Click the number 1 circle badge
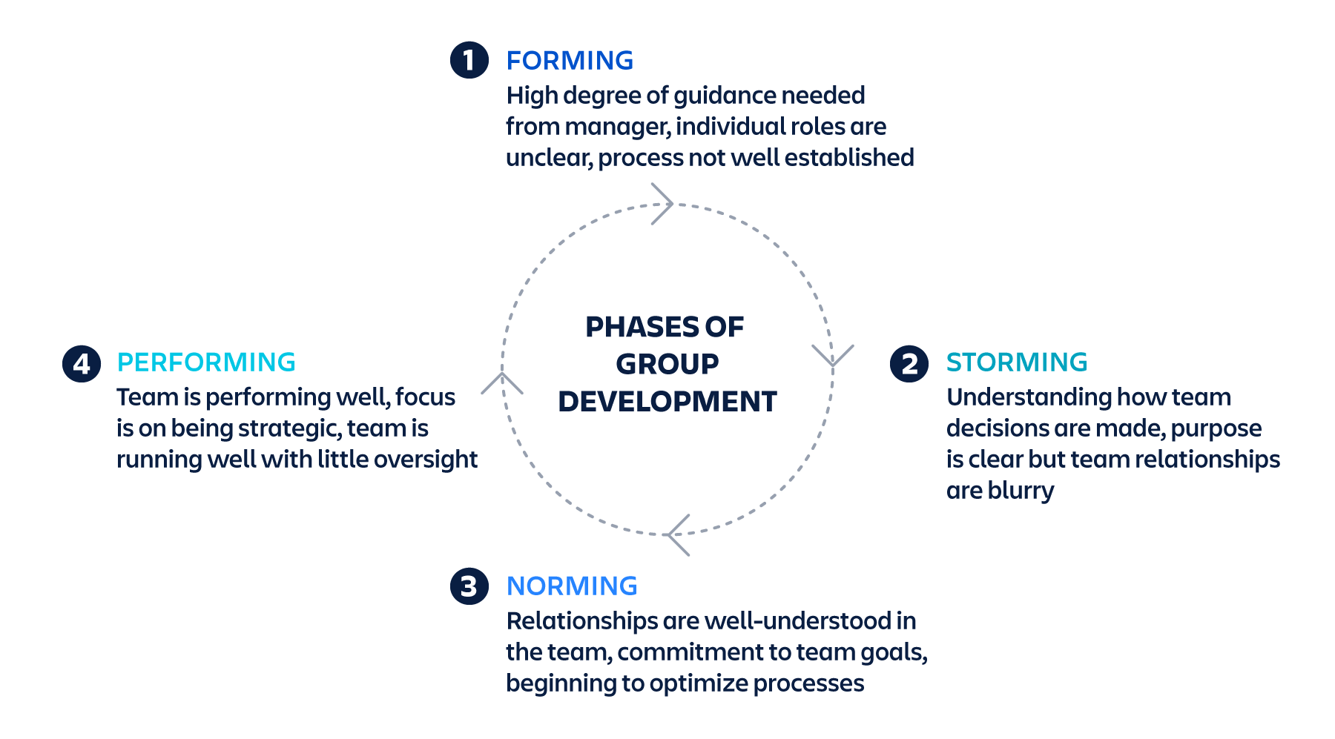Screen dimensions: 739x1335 469,60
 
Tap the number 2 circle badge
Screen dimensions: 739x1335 909,364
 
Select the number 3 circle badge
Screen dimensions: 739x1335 469,586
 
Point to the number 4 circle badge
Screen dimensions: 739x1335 82,364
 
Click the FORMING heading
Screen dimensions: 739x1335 570,61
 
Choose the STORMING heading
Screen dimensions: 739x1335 1016,362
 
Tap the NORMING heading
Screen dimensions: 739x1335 571,586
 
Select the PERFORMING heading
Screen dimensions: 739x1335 206,362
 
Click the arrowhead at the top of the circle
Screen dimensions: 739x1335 663,204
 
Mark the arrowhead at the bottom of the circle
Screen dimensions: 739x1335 677,534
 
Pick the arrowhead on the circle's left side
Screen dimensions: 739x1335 502,382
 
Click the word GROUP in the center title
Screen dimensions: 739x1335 667,365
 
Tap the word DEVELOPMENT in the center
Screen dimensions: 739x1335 667,402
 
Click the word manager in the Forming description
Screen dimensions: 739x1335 617,127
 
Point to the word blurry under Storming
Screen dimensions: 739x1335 1021,491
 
